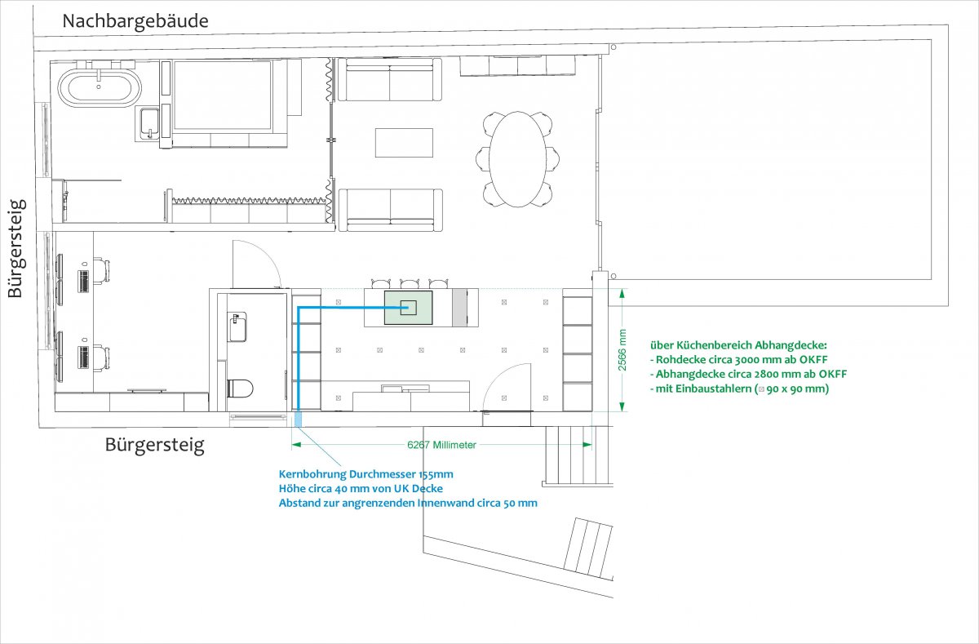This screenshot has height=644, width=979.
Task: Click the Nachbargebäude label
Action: point(135,21)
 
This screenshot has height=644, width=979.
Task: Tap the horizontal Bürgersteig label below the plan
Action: point(155,445)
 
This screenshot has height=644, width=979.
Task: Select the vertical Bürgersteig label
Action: point(17,249)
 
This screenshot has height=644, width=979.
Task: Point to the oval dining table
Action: point(517,159)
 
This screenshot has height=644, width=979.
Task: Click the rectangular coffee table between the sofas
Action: point(404,143)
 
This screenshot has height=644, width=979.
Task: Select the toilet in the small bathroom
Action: point(240,389)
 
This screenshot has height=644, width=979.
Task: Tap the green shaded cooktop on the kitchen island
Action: point(408,308)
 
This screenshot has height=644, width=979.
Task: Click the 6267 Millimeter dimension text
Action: point(441,445)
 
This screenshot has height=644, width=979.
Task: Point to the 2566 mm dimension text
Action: point(622,350)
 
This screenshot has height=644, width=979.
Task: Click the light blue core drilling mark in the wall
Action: point(298,420)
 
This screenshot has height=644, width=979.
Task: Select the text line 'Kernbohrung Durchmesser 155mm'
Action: point(365,474)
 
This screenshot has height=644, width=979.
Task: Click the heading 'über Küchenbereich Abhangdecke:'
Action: point(738,345)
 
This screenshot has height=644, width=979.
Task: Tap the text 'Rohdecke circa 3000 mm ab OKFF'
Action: point(738,360)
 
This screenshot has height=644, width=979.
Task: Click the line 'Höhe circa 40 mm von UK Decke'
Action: point(361,489)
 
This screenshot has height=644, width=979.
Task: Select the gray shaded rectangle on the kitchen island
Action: point(459,308)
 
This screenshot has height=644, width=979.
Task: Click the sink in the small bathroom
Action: point(237,326)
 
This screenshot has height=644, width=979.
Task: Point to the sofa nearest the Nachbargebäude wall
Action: point(390,79)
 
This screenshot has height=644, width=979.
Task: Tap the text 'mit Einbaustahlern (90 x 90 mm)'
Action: point(739,389)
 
